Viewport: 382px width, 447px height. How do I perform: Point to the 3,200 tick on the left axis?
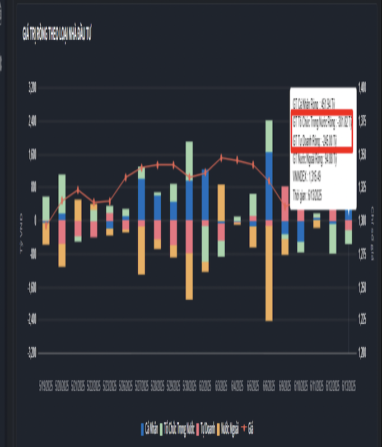(32, 87)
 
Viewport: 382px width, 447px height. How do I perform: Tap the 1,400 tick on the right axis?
(361, 87)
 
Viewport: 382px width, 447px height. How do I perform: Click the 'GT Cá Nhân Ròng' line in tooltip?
(314, 105)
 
